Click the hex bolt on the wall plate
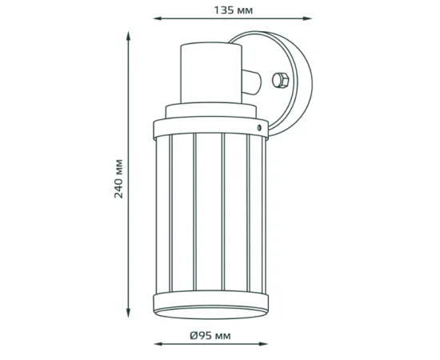coord(280,80)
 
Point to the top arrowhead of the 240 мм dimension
coord(129,34)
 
